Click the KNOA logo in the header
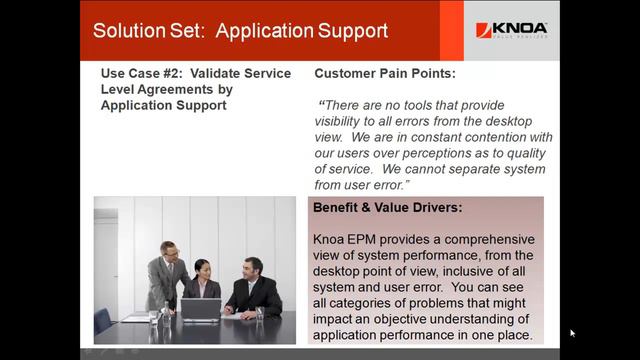pyautogui.click(x=510, y=30)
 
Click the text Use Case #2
pyautogui.click(x=146, y=74)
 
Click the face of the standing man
pyautogui.click(x=170, y=251)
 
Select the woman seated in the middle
pyautogui.click(x=204, y=285)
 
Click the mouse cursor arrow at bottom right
pyautogui.click(x=572, y=333)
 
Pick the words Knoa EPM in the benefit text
pyautogui.click(x=349, y=240)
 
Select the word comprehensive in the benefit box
pyautogui.click(x=470, y=240)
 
